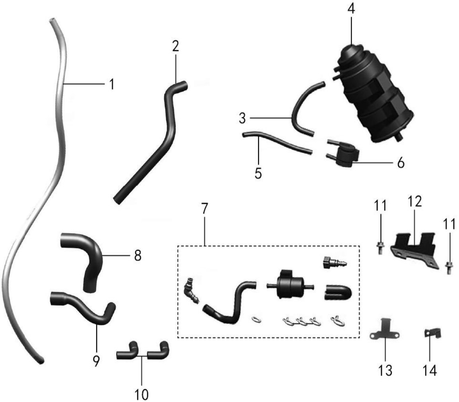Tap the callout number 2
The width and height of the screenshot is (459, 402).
[x=175, y=46]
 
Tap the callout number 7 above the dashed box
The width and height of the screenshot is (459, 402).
[x=204, y=208]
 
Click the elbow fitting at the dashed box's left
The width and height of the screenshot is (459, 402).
[x=191, y=291]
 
